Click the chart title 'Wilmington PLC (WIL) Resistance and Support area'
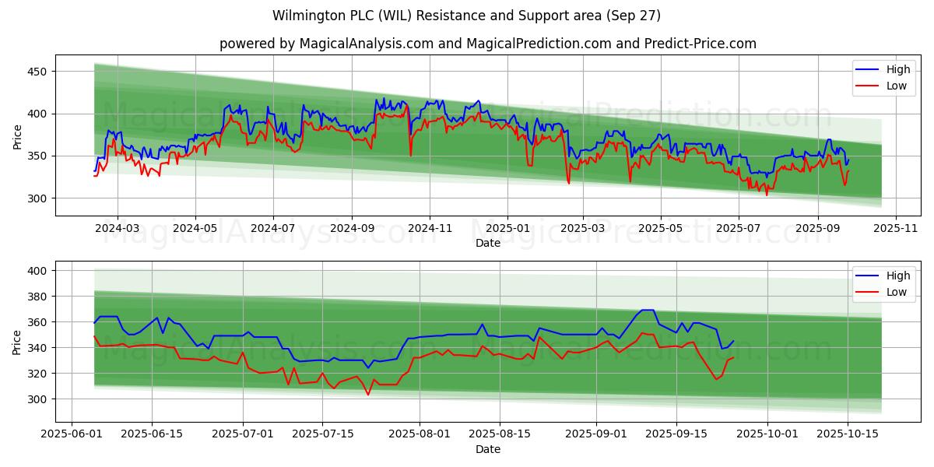(466, 16)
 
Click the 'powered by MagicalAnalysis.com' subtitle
(487, 44)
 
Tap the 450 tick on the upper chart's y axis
(37, 72)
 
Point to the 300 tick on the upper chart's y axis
(37, 198)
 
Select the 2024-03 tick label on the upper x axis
(118, 228)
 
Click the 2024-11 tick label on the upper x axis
(430, 228)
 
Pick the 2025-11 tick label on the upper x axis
(896, 228)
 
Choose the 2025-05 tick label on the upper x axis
(661, 228)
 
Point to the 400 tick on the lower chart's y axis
(37, 271)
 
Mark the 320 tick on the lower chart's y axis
(37, 374)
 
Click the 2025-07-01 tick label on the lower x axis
(243, 434)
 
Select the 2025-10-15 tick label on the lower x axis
(847, 434)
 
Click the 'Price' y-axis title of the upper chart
(17, 136)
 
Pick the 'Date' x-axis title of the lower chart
(488, 449)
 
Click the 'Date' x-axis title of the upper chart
(488, 243)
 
